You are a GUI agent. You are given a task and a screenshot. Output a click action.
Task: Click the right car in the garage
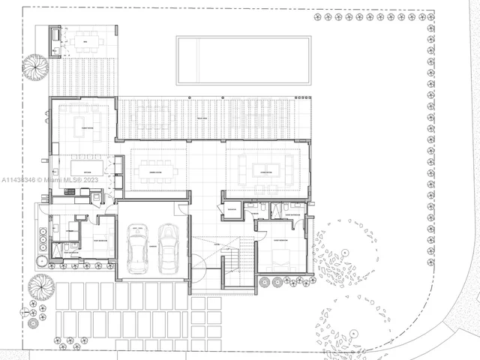pyautogui.click(x=169, y=249)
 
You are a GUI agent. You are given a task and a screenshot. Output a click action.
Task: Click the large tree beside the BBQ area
pyautogui.click(x=36, y=66)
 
